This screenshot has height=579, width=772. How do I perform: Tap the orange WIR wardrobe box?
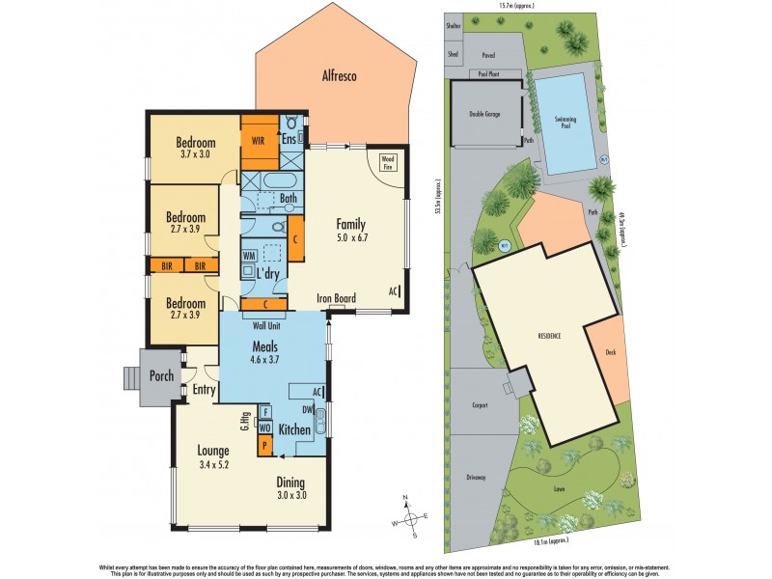258,140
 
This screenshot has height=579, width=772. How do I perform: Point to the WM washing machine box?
248,256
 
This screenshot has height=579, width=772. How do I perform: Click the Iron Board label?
337,299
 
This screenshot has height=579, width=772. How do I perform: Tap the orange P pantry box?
264,446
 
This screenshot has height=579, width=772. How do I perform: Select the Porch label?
160,375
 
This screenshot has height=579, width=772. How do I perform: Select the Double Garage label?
484,114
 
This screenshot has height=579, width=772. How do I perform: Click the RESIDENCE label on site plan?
549,337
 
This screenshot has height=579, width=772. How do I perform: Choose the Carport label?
482,406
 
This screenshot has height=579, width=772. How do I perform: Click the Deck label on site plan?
610,352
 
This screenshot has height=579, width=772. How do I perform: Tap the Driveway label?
477,477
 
